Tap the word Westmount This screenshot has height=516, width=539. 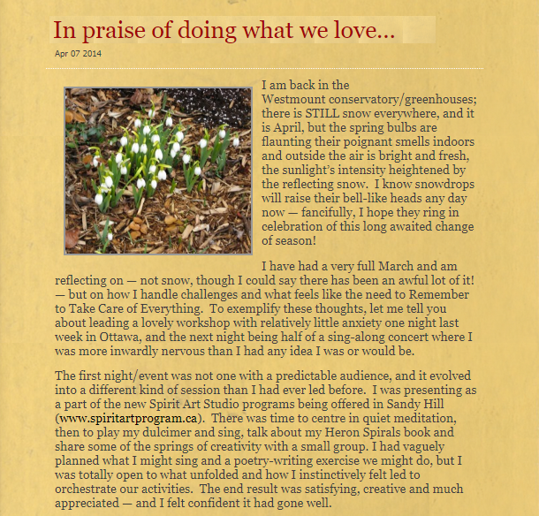pos(296,100)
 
